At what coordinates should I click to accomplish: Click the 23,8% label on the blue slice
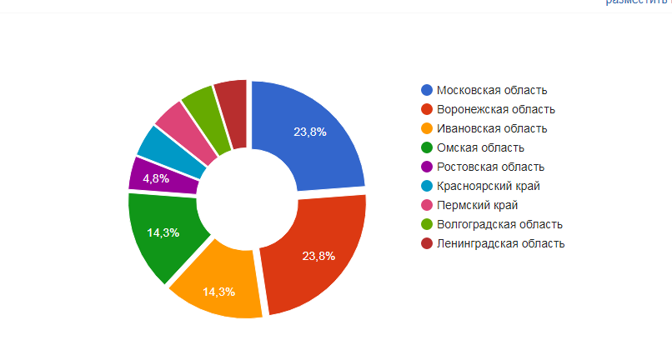tap(310, 132)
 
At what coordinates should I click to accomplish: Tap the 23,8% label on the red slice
tap(318, 256)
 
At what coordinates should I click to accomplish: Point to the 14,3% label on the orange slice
tap(218, 292)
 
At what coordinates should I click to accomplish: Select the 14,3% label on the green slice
tap(163, 232)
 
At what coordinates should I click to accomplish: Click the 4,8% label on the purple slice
tap(157, 178)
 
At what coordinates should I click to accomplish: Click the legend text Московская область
tap(492, 90)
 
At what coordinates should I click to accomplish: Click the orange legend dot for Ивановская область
tap(427, 128)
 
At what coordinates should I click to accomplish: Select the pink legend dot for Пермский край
tap(427, 205)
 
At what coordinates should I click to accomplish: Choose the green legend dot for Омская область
tap(427, 147)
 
